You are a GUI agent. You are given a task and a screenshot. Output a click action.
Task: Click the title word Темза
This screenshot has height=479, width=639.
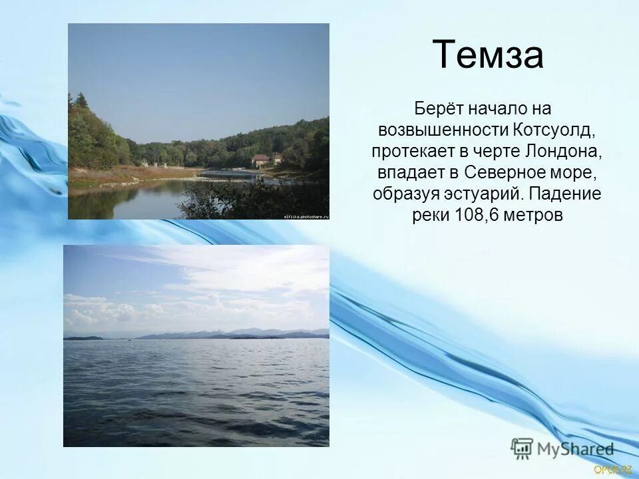tap(488, 55)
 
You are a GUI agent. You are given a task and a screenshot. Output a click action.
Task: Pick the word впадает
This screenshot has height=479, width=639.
tap(408, 172)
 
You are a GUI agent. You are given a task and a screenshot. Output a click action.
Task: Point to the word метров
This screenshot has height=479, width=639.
tap(535, 216)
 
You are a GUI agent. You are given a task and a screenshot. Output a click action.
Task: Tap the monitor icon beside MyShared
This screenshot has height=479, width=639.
tap(522, 448)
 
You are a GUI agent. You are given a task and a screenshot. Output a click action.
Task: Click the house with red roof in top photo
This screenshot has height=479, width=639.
tap(260, 160)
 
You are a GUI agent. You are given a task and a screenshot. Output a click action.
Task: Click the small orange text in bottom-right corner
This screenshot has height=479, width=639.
tap(612, 470)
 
